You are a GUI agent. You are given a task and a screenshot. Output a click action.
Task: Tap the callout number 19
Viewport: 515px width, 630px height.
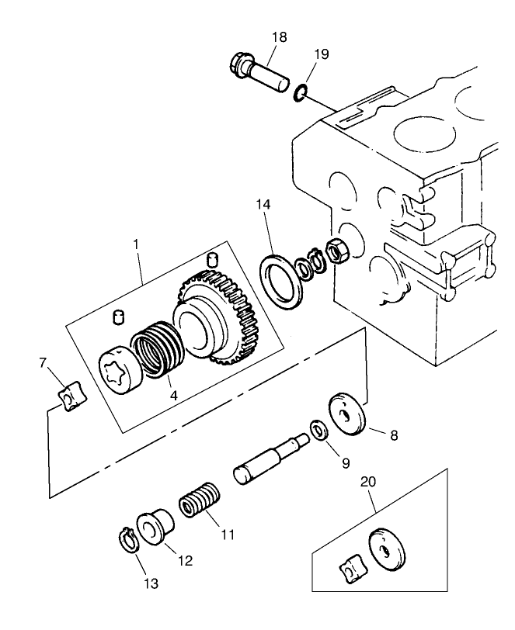point(322,54)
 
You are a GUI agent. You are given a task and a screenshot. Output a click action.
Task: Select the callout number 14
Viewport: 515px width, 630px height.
point(265,205)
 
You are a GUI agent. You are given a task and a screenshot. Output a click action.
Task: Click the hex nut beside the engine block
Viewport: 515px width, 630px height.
point(337,251)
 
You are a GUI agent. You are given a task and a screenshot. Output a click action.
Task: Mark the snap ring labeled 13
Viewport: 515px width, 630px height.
point(128,540)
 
